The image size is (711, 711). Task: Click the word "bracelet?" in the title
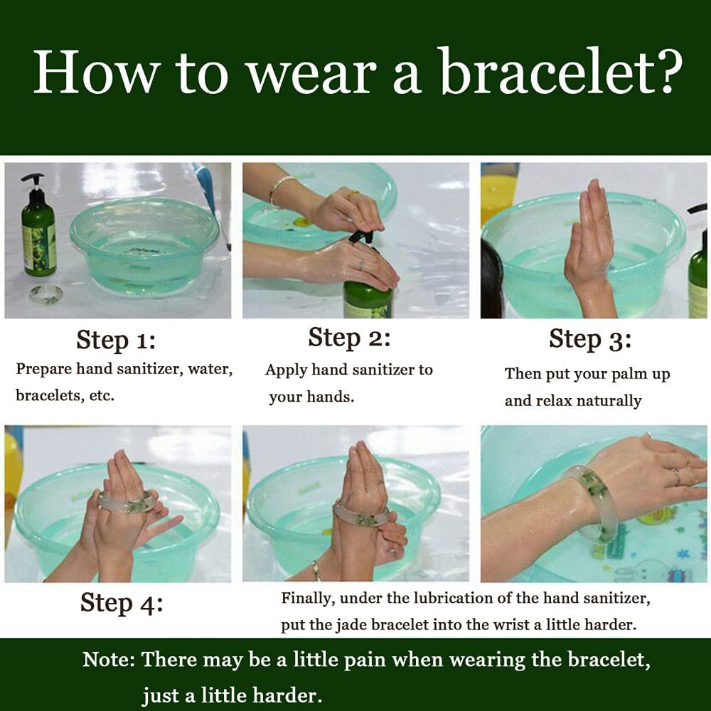[x=562, y=72]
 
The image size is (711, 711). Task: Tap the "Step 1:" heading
[x=116, y=340]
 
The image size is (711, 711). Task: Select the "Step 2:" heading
[x=348, y=338]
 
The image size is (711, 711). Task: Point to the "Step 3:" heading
[x=590, y=339]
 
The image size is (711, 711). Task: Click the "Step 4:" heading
[x=122, y=603]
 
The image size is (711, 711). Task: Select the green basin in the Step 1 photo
[x=144, y=245]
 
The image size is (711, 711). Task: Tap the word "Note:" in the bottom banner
[x=109, y=659]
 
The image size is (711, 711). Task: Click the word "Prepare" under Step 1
[x=43, y=369]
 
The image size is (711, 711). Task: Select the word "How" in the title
[x=97, y=72]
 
